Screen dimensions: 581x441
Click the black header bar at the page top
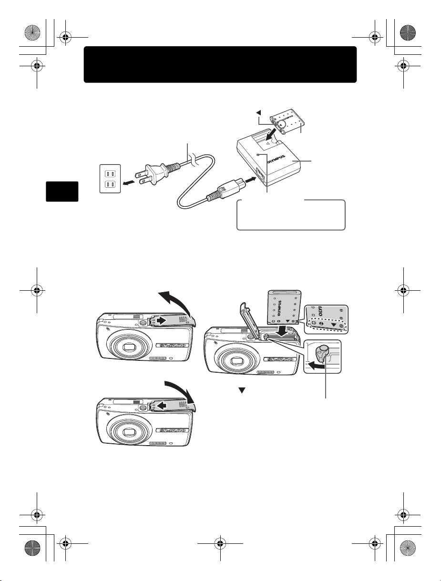220,64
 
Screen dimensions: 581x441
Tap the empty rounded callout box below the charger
291,215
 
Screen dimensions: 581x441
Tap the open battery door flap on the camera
251,315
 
